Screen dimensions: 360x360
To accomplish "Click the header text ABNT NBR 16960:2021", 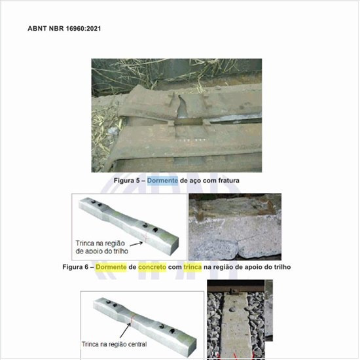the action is [64, 28].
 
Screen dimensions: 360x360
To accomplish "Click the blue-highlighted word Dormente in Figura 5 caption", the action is [162, 181].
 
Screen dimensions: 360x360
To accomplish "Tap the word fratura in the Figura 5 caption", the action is [228, 181].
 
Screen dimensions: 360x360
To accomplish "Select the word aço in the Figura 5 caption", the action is [196, 181].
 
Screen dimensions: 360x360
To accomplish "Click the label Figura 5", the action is [126, 181].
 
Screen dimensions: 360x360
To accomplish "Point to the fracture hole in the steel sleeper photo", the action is [182, 107].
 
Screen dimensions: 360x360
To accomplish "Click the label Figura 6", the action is [75, 267].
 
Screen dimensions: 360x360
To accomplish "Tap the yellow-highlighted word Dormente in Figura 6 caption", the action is [111, 267].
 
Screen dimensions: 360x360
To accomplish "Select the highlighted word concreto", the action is [152, 267].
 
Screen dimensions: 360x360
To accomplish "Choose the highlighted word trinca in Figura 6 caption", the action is [192, 267].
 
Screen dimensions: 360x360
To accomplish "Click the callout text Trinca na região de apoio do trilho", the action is [101, 247].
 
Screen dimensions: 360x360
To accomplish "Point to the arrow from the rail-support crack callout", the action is [136, 243].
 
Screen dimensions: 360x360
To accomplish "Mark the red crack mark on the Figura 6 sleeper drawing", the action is [145, 238].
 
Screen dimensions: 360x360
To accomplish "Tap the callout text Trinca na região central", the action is [114, 344].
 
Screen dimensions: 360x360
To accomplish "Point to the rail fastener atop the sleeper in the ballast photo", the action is [234, 292].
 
